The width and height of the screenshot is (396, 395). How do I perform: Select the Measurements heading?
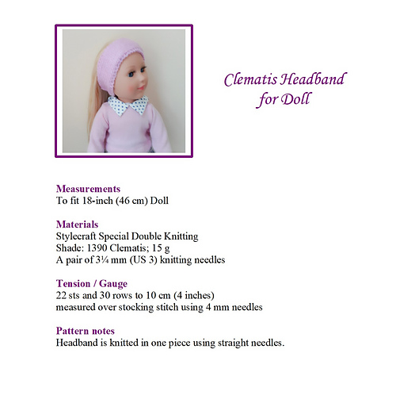(x=88, y=190)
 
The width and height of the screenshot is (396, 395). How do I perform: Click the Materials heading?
(x=78, y=224)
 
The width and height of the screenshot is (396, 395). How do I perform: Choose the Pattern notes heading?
(x=86, y=331)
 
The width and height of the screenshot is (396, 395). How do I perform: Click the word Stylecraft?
(x=79, y=236)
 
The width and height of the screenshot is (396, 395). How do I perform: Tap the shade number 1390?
(x=99, y=248)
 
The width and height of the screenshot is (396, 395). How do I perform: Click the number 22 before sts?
(x=62, y=295)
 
